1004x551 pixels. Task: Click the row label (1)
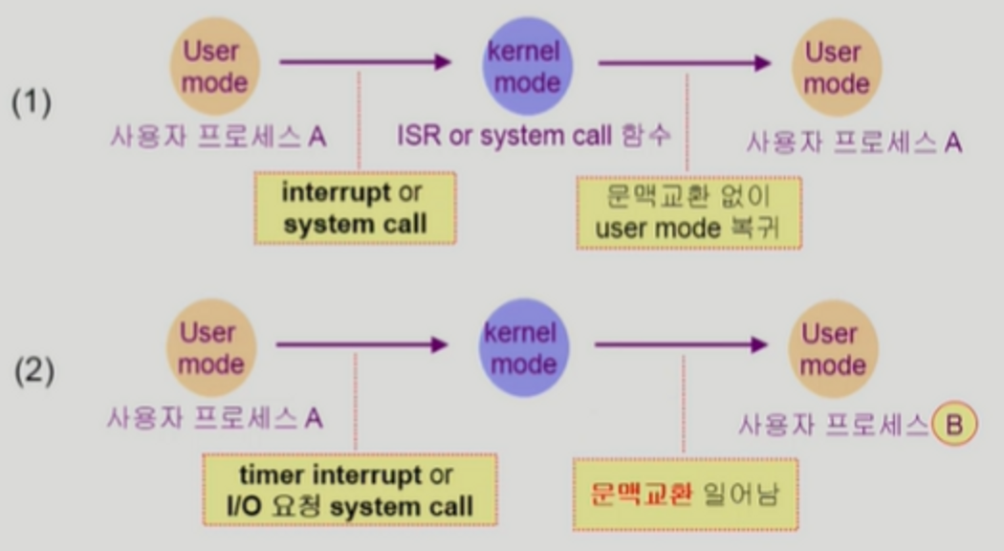point(32,102)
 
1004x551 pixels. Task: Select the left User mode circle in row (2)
point(207,348)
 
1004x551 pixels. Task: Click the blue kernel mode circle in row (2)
point(520,348)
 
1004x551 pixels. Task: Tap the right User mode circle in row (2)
point(828,348)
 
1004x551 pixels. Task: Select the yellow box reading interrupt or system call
point(355,208)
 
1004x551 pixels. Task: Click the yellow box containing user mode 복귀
point(688,212)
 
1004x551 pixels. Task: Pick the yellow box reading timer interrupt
point(349,490)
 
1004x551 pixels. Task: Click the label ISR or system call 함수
point(534,136)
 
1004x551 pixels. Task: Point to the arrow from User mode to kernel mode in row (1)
point(364,62)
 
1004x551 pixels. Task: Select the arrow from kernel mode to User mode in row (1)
point(684,63)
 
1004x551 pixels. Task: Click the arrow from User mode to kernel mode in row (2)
point(361,343)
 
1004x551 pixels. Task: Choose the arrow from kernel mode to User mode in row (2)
point(680,344)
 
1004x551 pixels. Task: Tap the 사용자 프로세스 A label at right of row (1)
point(853,143)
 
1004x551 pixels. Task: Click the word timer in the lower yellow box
point(271,475)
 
